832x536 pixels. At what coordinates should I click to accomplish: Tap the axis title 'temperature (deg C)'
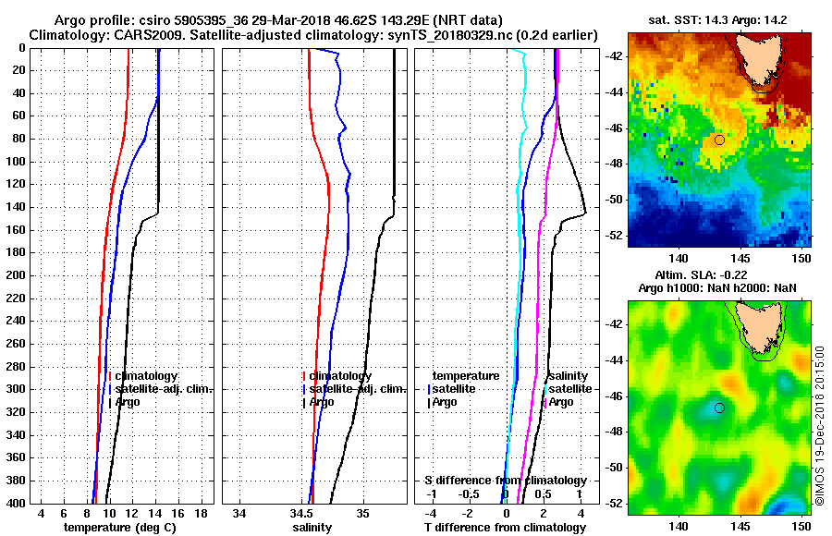pos(119,528)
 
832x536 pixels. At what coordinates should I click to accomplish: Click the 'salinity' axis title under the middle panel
pos(312,528)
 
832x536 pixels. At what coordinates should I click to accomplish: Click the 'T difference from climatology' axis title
pos(505,528)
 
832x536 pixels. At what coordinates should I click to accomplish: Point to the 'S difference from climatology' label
pos(505,481)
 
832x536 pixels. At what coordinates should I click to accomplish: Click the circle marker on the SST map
pos(719,140)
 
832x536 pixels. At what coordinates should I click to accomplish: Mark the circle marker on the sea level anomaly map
pos(719,408)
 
